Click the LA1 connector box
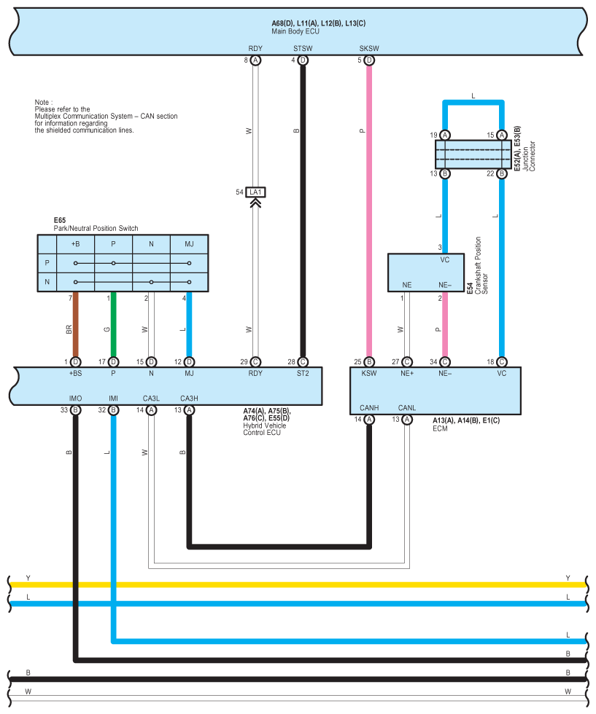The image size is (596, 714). tap(255, 192)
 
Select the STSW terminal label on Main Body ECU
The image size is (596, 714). tap(302, 50)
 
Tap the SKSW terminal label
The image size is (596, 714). tap(369, 50)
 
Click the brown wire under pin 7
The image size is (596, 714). tap(75, 328)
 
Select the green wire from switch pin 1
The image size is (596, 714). tap(113, 328)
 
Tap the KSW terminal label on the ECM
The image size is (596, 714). tap(369, 372)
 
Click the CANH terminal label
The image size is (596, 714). tap(369, 407)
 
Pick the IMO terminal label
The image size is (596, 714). tap(75, 399)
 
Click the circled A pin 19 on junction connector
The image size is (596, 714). tap(445, 136)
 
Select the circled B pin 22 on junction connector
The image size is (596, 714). tap(501, 173)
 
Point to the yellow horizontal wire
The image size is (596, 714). tap(292, 584)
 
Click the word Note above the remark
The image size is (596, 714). tap(43, 102)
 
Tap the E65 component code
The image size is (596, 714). tap(60, 220)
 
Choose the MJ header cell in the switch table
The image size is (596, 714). tap(189, 244)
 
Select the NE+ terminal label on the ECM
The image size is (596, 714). tap(407, 372)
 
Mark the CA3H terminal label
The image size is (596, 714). tap(189, 399)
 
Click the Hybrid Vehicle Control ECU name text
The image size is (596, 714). tap(265, 429)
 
